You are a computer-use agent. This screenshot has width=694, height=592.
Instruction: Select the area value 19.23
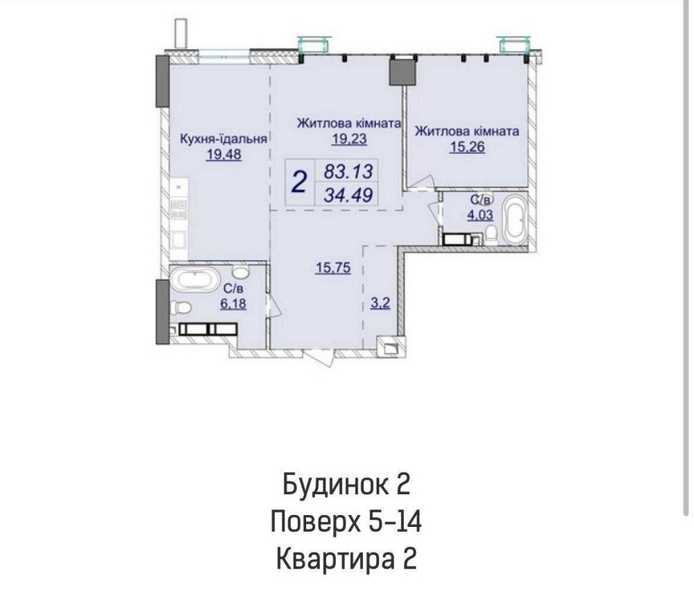[x=348, y=139]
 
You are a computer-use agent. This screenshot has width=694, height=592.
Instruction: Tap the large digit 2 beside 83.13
[x=299, y=182]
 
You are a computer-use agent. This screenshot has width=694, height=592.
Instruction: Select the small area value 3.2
[x=379, y=304]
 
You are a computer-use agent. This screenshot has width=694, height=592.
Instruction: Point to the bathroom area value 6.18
[x=234, y=303]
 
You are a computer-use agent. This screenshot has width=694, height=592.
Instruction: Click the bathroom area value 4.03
[x=480, y=215]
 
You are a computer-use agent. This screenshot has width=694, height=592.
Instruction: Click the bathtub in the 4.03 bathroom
[x=515, y=219]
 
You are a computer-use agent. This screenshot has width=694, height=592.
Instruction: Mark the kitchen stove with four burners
[x=178, y=209]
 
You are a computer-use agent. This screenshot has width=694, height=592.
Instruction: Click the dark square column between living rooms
[x=399, y=71]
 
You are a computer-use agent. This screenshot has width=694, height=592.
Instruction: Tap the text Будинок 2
[x=347, y=484]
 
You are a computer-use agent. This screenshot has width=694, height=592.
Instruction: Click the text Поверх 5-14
[x=347, y=521]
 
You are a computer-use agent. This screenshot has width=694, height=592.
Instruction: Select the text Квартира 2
[x=347, y=559]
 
